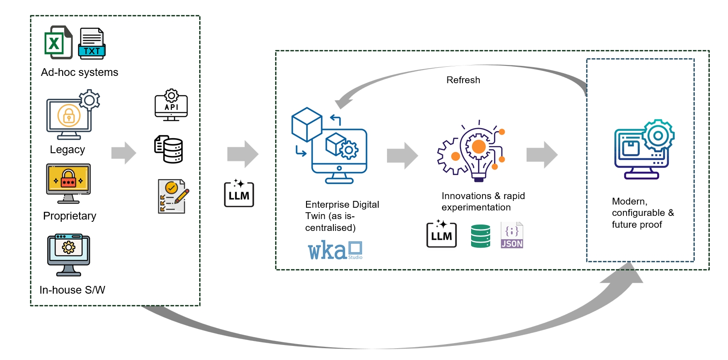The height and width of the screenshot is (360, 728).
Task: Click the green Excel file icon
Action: coord(58,42)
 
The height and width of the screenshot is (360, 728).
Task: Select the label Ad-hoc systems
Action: coord(80,72)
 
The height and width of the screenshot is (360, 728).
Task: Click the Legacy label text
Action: coord(67,150)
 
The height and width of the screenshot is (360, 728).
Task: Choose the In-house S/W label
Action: coord(72,290)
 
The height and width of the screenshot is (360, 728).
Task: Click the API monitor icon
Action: coord(171,105)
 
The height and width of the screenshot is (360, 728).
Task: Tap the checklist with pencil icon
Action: coord(172,196)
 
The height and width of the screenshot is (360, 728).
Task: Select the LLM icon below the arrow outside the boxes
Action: coord(239,193)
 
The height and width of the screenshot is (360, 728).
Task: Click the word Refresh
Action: coord(463,80)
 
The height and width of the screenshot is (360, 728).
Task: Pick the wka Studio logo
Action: coord(335,250)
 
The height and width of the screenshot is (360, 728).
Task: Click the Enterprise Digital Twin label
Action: coord(341,216)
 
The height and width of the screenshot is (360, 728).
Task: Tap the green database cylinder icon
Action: coord(481,236)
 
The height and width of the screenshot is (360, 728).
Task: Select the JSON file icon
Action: coord(512,235)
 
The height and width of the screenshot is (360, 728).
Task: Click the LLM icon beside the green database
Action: coord(442,234)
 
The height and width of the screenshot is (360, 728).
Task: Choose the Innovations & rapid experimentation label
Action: coord(483,201)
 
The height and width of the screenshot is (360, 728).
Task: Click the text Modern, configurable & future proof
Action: coord(643,213)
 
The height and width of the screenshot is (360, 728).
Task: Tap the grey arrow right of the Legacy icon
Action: coord(124,153)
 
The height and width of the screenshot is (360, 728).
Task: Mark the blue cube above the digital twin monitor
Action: coord(306,124)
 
